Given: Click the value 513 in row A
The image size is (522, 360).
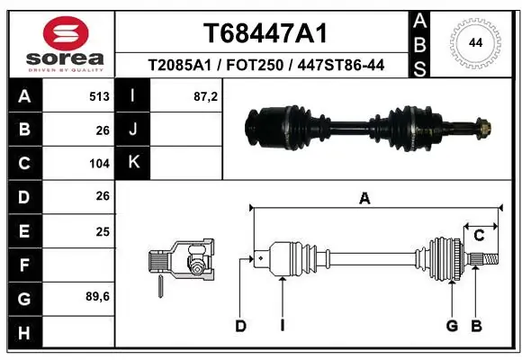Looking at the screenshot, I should coord(99,95).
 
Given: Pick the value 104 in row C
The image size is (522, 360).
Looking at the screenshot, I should coord(99,164).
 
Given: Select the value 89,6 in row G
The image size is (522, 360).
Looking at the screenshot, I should coord(98,296).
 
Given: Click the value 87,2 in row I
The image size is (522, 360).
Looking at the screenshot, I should coord(206,95).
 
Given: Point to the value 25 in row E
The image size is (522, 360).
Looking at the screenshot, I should coord(103,231).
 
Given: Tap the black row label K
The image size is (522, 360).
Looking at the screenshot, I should coord(133,163).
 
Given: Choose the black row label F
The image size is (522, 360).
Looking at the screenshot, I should coord(23,265).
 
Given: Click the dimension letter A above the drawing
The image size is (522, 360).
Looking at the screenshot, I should coord(364,199).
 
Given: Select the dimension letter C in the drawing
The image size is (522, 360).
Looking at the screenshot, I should coord(479,236).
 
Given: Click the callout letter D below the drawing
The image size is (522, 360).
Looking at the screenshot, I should coord(240,326).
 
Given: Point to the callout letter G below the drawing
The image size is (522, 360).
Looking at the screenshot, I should coord(452,326).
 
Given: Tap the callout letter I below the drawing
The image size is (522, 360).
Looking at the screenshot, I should coord(282,326).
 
